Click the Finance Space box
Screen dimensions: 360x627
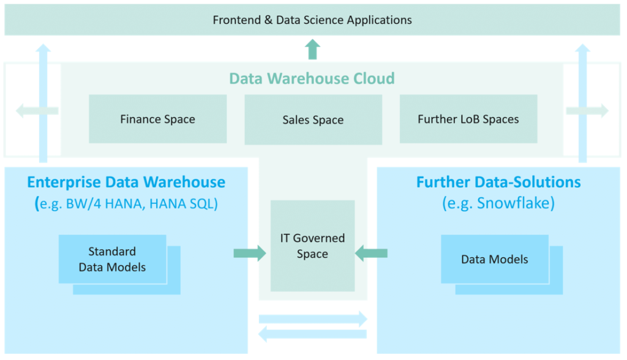click(157, 119)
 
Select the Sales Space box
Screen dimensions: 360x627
click(313, 119)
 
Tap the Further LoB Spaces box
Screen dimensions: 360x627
click(468, 119)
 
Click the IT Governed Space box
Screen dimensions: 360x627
click(312, 246)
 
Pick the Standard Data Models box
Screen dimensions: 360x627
click(112, 259)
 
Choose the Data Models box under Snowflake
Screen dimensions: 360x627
click(494, 259)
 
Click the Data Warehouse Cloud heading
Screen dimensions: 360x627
click(312, 78)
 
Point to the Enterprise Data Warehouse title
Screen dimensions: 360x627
click(126, 182)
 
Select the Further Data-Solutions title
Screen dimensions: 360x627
click(498, 182)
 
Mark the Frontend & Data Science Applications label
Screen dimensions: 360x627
click(312, 20)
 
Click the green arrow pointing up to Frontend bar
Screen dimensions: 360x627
click(312, 49)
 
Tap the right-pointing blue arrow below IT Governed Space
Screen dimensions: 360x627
click(313, 318)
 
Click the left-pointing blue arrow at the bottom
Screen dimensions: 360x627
click(312, 334)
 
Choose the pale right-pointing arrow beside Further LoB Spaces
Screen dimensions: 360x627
click(587, 111)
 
